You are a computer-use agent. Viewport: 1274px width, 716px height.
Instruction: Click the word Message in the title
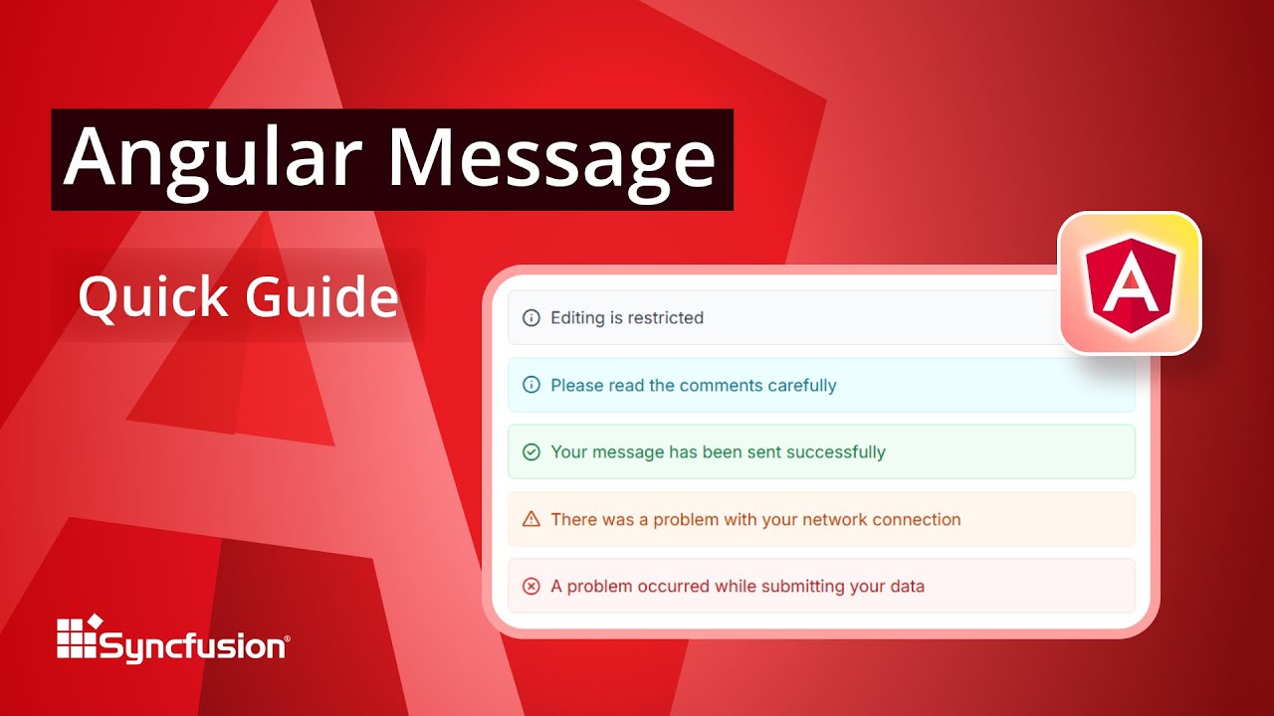click(x=551, y=159)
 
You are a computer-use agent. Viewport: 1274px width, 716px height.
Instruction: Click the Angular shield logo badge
click(x=1130, y=282)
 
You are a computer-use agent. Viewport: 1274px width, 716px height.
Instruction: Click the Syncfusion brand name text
click(x=193, y=647)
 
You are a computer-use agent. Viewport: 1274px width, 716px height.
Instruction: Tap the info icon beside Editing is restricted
click(x=531, y=318)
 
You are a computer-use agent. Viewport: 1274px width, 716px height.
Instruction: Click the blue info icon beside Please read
click(x=531, y=385)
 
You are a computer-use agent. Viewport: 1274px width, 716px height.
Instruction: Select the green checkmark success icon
click(x=531, y=452)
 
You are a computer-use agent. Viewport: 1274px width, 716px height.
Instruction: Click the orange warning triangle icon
click(x=531, y=519)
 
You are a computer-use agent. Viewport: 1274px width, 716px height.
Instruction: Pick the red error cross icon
click(x=531, y=587)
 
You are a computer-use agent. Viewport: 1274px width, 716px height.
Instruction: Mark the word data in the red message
click(x=907, y=587)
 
